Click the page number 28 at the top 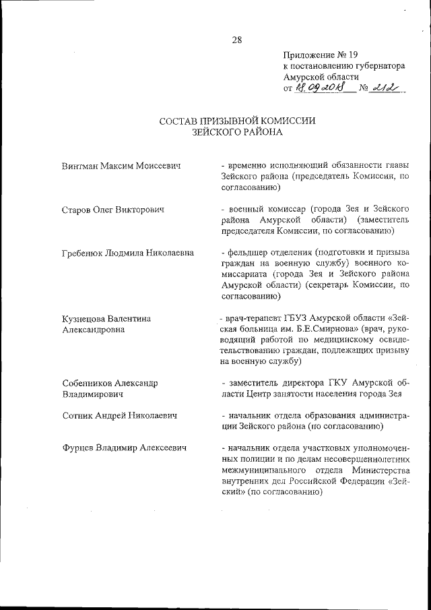point(237,39)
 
